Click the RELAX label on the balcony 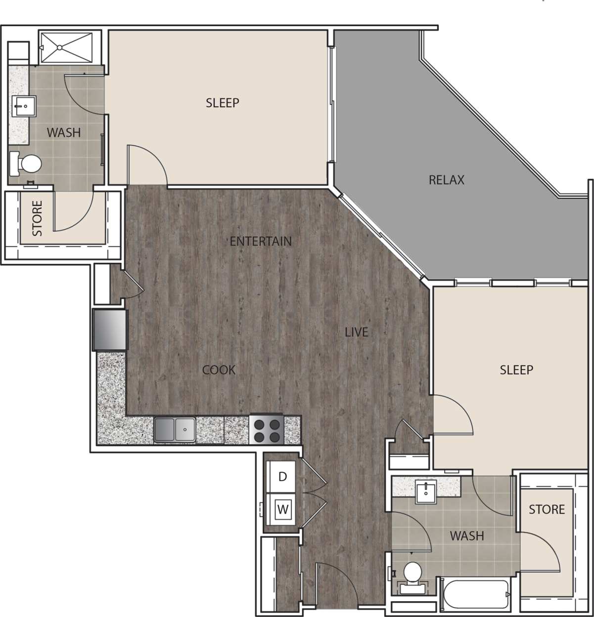pyautogui.click(x=446, y=180)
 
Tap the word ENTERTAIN pyautogui.click(x=261, y=241)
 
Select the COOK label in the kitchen pyautogui.click(x=219, y=370)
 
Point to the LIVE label pyautogui.click(x=356, y=332)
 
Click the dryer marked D pyautogui.click(x=282, y=477)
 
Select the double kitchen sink pyautogui.click(x=175, y=429)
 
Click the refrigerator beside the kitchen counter pyautogui.click(x=110, y=329)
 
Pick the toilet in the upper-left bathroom pyautogui.click(x=29, y=164)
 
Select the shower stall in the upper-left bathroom pyautogui.click(x=66, y=47)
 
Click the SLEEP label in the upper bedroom pyautogui.click(x=222, y=103)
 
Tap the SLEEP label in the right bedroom pyautogui.click(x=516, y=370)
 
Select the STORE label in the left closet pyautogui.click(x=37, y=218)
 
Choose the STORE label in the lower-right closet pyautogui.click(x=547, y=509)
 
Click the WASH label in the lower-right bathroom pyautogui.click(x=466, y=535)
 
